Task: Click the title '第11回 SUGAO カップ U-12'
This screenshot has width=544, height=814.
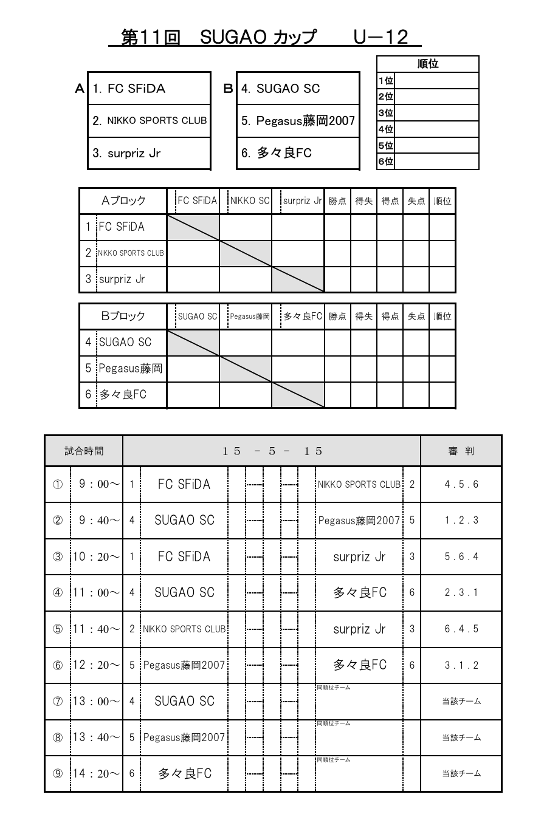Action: pos(265,38)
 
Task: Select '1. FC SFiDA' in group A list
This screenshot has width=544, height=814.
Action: pos(129,89)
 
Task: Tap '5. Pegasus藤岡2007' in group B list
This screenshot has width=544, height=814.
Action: pos(298,121)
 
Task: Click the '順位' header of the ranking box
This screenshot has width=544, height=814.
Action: pos(429,64)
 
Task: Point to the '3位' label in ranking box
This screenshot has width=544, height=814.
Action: pos(385,112)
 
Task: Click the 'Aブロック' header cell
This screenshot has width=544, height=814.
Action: pos(123,201)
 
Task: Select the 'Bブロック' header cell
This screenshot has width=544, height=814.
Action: pos(123,316)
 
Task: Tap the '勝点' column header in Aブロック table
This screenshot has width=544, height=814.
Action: pos(337,201)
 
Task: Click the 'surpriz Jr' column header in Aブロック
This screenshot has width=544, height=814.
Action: pos(300,201)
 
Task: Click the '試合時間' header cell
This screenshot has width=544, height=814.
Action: pos(84,451)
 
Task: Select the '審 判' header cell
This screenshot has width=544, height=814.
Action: pos(461,451)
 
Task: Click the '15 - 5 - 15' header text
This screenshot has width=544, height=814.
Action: pos(272,451)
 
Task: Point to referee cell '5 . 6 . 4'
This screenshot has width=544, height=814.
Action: pos(461,556)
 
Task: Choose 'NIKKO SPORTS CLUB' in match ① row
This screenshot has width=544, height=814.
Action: pos(359,484)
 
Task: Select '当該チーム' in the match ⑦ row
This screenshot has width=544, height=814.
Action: pos(461,702)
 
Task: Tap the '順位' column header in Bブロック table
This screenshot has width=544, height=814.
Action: pos(442,316)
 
